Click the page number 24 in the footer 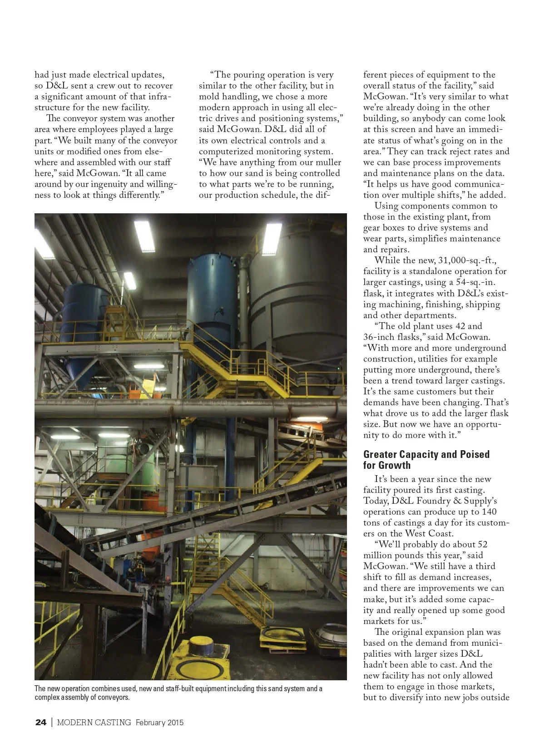pyautogui.click(x=40, y=722)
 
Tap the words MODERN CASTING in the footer pyautogui.click(x=94, y=722)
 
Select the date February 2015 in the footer pyautogui.click(x=159, y=722)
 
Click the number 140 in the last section pyautogui.click(x=489, y=511)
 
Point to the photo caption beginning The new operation pyautogui.click(x=178, y=693)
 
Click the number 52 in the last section pyautogui.click(x=481, y=545)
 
